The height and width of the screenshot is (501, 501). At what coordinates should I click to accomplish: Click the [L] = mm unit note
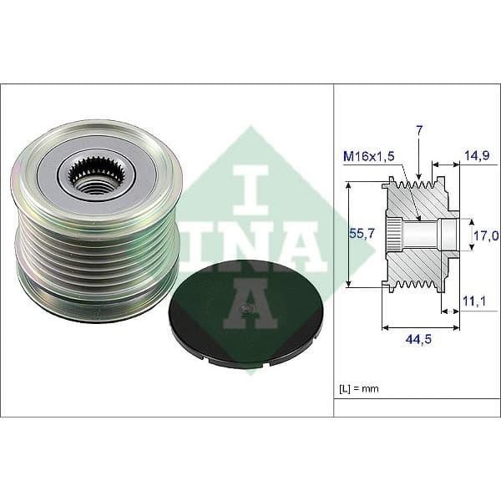[358, 389]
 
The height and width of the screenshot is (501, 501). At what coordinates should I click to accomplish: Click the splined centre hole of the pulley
[91, 175]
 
